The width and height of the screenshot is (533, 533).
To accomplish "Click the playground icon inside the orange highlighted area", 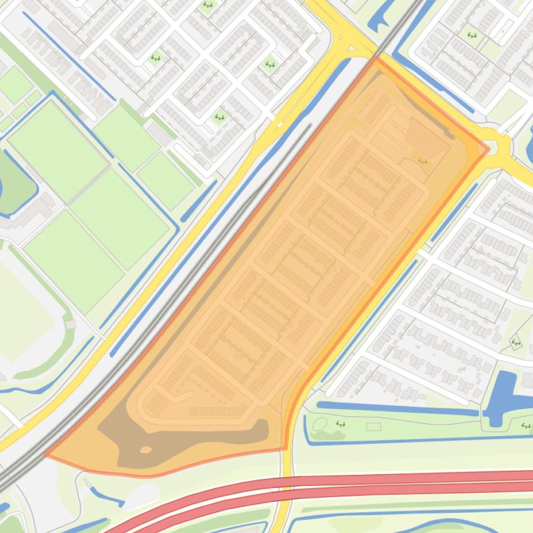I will click(422, 162).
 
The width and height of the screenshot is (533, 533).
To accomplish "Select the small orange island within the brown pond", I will click(145, 450).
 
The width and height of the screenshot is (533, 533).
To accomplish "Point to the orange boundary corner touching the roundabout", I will click(488, 149).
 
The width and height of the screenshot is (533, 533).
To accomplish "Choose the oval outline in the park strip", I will click(319, 423).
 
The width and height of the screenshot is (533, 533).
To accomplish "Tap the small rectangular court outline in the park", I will click(373, 426).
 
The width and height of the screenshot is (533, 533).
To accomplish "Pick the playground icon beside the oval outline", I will click(340, 424).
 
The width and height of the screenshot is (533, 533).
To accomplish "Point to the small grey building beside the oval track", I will click(70, 324).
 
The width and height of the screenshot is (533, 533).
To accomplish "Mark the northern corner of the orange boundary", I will click(376, 59).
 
